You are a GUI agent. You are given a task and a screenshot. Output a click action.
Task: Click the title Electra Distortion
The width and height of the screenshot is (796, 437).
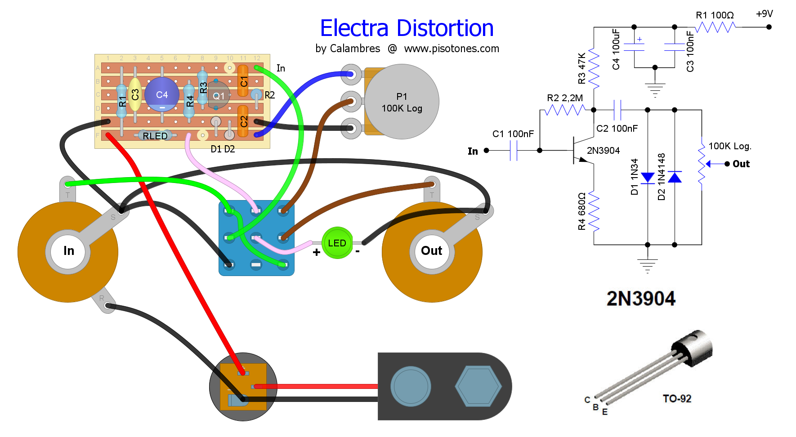click(x=407, y=28)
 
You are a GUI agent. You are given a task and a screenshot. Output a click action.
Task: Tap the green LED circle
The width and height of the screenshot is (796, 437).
click(x=337, y=243)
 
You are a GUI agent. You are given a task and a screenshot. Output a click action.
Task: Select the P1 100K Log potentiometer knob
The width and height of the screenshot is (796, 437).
click(x=402, y=102)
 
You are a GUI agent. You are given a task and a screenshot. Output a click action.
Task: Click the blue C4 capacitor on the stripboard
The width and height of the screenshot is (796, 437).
click(x=162, y=94)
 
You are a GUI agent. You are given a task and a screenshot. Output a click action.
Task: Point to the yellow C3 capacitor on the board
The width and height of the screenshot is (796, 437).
click(x=135, y=94)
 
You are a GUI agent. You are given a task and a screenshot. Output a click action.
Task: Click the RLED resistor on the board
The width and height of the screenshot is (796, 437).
click(x=155, y=135)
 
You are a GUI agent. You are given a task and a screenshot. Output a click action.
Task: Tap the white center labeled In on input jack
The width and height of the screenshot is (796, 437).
click(x=68, y=251)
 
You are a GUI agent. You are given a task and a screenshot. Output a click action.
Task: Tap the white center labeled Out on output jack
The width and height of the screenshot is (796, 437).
click(x=432, y=251)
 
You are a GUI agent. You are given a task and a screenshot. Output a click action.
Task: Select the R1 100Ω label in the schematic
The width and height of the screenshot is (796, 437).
click(x=715, y=15)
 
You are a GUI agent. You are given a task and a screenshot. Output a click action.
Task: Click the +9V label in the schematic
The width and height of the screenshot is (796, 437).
click(x=764, y=14)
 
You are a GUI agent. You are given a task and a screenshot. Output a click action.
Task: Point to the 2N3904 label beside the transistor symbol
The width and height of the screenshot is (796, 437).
click(x=603, y=151)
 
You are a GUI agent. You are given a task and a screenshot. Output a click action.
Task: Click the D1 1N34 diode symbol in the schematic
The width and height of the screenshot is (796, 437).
click(x=648, y=178)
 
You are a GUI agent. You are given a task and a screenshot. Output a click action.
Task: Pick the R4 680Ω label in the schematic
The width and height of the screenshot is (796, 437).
click(x=581, y=211)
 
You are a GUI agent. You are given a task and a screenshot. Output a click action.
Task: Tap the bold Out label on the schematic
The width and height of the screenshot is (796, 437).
click(x=741, y=164)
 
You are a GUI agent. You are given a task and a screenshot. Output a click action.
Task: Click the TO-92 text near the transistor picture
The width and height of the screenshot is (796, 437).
click(x=677, y=399)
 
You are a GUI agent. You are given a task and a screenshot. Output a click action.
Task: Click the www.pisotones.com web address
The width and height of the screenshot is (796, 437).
click(x=452, y=49)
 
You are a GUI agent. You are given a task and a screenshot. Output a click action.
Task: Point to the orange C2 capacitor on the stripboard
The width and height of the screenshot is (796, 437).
click(x=243, y=120)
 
